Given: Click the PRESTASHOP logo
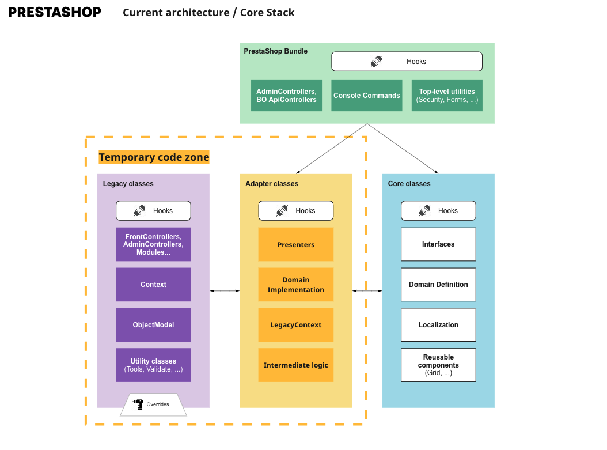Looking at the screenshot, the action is [x=55, y=12].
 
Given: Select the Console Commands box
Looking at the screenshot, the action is [x=367, y=95].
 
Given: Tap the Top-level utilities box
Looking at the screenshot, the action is [x=447, y=95].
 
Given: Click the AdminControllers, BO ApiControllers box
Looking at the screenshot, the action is [x=286, y=95].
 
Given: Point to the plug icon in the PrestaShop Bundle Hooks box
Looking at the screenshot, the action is [x=376, y=61].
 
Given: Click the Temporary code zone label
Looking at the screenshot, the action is [x=154, y=157].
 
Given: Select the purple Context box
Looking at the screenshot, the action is [x=153, y=284].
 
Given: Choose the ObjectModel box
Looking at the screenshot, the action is [x=153, y=324].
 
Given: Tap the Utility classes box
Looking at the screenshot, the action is [x=153, y=365].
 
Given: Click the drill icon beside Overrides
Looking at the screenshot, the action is [x=138, y=404].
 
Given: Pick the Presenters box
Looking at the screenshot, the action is [x=296, y=244].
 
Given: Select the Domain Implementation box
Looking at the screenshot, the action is [x=296, y=284].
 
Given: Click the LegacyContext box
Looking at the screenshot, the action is [x=296, y=324].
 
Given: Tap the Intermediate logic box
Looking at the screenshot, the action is [x=296, y=365].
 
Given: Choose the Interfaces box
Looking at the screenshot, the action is [x=438, y=244].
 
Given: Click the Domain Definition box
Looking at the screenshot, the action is [x=438, y=284].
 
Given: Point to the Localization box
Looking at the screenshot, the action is [x=438, y=324].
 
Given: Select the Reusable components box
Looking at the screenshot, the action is [x=438, y=365].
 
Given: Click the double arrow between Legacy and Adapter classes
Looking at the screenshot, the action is [x=225, y=290].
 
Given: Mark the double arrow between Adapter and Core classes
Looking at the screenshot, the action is [x=367, y=290].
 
